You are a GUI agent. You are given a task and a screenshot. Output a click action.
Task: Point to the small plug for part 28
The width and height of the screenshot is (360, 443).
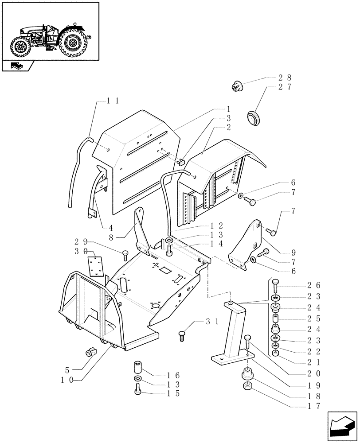(237, 86)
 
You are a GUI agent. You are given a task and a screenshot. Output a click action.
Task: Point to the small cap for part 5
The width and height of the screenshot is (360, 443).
(90, 353)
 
